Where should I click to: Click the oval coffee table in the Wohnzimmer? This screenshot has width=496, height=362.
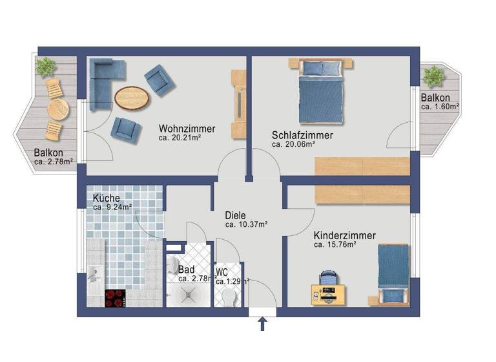point(132,98)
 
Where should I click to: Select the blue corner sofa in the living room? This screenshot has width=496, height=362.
point(103,74)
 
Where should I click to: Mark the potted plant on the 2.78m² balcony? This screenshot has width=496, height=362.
point(46,66)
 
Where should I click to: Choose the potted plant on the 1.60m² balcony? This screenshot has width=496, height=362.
point(434,76)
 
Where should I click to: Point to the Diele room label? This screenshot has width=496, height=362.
point(236,215)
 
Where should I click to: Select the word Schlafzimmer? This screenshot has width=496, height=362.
point(302,135)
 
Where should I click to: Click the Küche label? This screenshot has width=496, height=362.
point(106,198)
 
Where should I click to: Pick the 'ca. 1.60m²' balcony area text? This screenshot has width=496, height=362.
point(440,107)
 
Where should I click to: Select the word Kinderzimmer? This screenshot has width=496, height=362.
point(344,235)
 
